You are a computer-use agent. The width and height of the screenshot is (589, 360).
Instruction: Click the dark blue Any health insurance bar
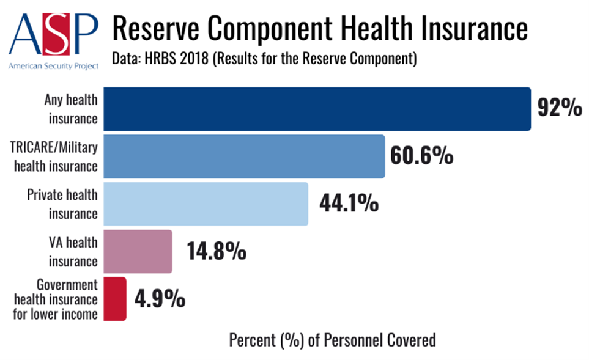pyautogui.click(x=317, y=109)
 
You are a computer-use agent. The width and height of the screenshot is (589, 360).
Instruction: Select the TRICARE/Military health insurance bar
pyautogui.click(x=244, y=156)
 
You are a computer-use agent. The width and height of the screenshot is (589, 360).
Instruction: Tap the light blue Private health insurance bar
pyautogui.click(x=206, y=204)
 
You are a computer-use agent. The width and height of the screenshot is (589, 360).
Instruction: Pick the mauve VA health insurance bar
pyautogui.click(x=138, y=252)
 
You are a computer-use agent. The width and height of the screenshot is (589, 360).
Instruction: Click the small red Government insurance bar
pyautogui.click(x=115, y=299)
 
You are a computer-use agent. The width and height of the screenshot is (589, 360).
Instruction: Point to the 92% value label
pyautogui.click(x=560, y=108)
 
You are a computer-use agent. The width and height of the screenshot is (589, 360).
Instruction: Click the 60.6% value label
pyautogui.click(x=422, y=155)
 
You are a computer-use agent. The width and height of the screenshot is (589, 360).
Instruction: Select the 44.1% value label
pyautogui.click(x=349, y=203)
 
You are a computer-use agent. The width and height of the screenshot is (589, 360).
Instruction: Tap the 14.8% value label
pyautogui.click(x=217, y=251)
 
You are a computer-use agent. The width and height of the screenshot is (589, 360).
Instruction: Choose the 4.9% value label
pyautogui.click(x=160, y=299)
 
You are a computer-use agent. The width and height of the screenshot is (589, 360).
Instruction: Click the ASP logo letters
pyautogui.click(x=53, y=34)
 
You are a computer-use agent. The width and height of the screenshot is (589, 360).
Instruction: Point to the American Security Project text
pyautogui.click(x=53, y=66)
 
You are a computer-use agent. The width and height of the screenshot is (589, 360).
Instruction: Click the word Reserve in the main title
pyautogui.click(x=155, y=28)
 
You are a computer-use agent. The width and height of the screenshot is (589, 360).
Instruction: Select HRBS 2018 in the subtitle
pyautogui.click(x=177, y=59)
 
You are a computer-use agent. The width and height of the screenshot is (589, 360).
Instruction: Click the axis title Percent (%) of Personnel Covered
pyautogui.click(x=333, y=340)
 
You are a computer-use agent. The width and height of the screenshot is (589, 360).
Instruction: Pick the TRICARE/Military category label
pyautogui.click(x=54, y=147)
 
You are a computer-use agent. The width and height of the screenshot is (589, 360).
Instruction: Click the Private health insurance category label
pyautogui.click(x=62, y=204)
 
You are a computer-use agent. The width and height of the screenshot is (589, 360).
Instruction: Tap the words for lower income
pyautogui.click(x=55, y=314)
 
